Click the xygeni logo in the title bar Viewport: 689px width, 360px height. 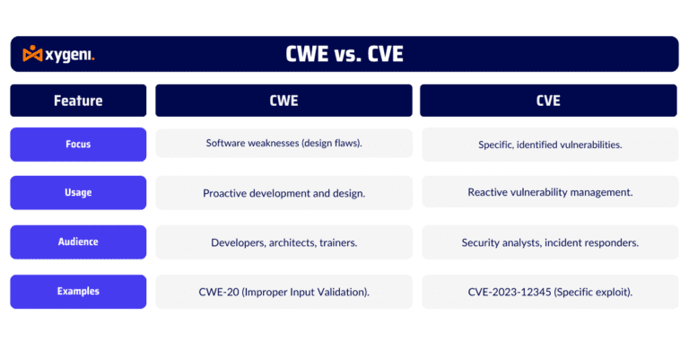(x=58, y=55)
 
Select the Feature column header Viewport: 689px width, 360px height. (x=78, y=101)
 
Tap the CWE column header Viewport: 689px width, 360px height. (x=283, y=101)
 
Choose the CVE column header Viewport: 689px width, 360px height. (x=548, y=101)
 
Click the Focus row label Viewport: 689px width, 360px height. (x=78, y=144)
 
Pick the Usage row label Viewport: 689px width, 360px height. (x=78, y=192)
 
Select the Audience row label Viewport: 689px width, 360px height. (x=78, y=241)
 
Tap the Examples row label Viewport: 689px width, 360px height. (x=78, y=291)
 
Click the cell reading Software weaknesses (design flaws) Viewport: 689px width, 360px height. (x=283, y=144)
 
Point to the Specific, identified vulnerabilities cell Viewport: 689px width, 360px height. (x=550, y=144)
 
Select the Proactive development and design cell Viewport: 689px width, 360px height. (x=283, y=193)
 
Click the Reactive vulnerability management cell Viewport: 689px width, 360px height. (x=550, y=192)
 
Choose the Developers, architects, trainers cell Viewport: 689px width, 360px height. (x=283, y=242)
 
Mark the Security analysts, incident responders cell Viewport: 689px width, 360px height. (x=550, y=242)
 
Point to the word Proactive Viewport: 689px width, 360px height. (x=225, y=193)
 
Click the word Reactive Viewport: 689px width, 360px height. (x=490, y=192)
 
